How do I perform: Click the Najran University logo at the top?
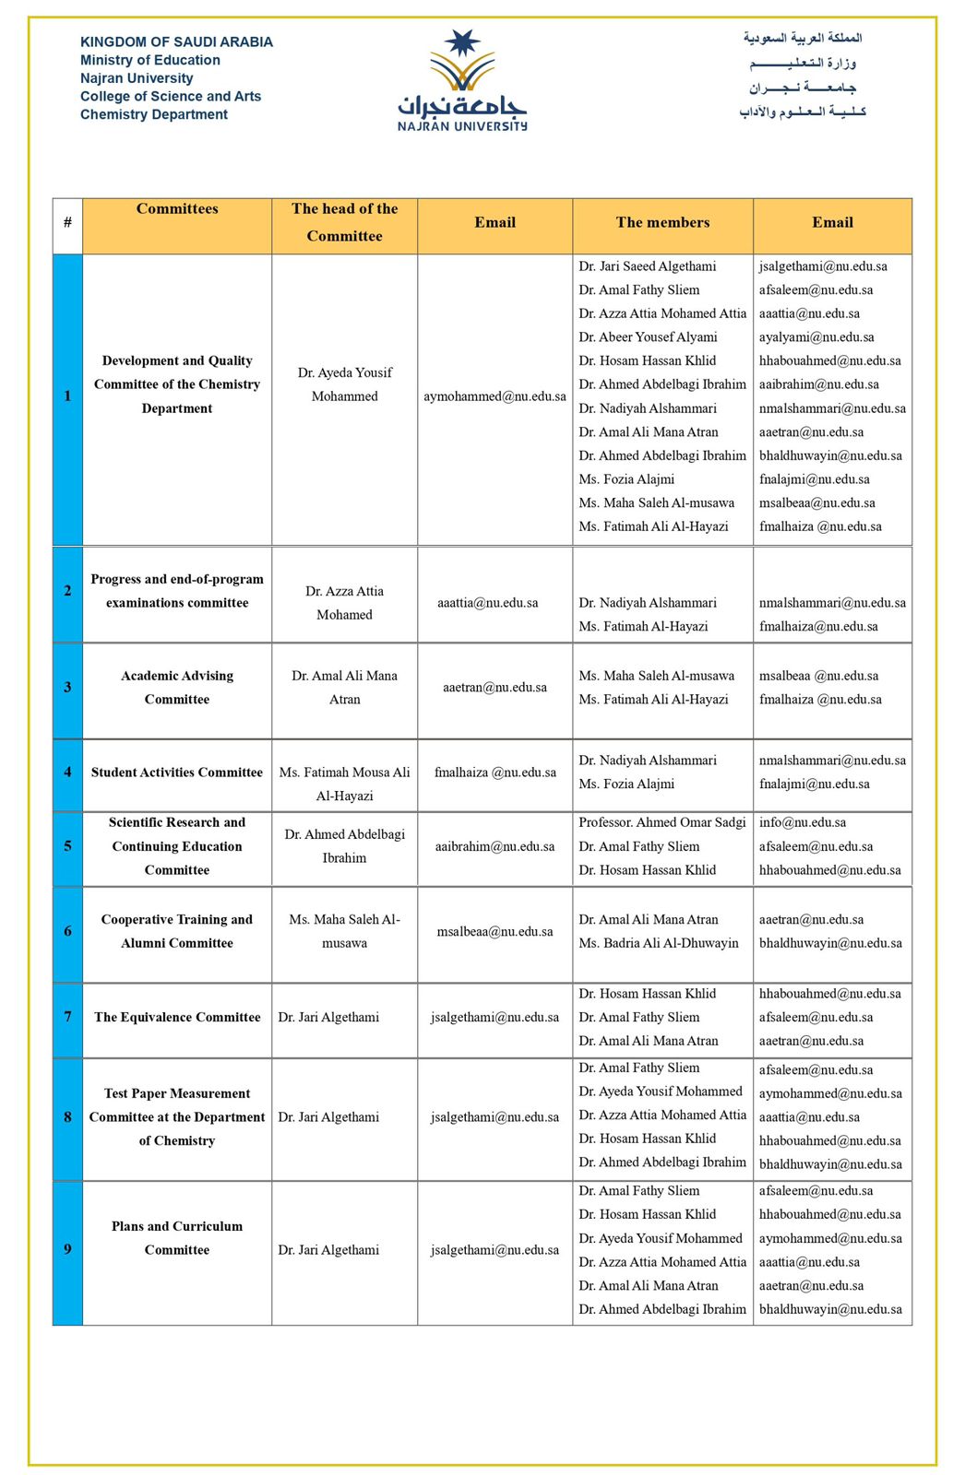coord(462,81)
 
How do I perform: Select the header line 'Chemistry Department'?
coord(154,114)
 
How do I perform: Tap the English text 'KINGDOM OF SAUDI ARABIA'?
coord(176,41)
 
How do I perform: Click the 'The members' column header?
coord(662,222)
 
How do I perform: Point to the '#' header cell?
coord(67,222)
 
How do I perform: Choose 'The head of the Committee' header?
coord(344,222)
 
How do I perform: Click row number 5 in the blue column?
coord(67,845)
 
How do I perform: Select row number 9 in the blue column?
coord(67,1249)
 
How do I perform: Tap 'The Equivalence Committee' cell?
coord(177,1017)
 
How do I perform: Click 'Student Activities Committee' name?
coord(177,773)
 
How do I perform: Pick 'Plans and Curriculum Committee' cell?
coord(177,1238)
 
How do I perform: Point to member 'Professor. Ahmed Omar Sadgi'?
coord(661,822)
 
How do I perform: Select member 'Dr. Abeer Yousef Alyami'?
coord(648,337)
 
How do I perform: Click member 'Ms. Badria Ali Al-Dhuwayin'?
coord(659,943)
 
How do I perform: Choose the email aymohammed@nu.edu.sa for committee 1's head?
coord(494,396)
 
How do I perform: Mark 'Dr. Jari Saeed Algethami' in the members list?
coord(647,266)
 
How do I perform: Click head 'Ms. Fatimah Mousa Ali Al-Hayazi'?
coord(344,784)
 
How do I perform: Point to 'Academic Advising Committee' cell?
coord(177,687)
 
